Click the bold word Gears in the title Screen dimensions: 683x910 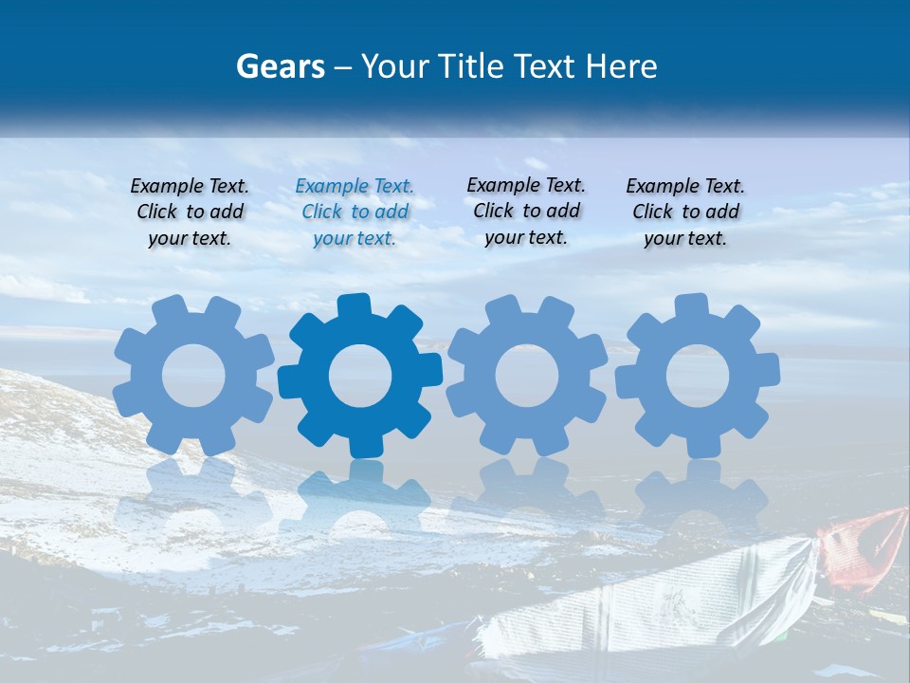pos(280,67)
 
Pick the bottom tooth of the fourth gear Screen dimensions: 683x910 pos(703,445)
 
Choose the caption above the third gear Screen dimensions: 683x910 pos(526,211)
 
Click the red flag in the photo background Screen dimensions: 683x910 pos(863,545)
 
